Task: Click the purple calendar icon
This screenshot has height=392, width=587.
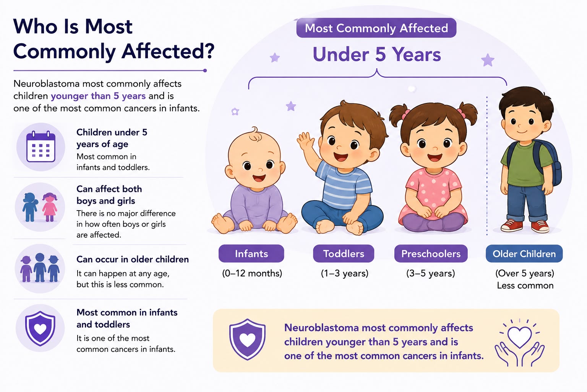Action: click(41, 147)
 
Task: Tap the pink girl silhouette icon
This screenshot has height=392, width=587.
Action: click(50, 207)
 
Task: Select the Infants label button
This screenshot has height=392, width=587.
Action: click(251, 254)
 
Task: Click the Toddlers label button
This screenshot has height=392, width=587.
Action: click(344, 254)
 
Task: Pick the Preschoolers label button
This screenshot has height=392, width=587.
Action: click(431, 254)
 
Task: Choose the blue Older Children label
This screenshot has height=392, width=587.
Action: click(524, 254)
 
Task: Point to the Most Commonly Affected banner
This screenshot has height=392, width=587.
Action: click(376, 28)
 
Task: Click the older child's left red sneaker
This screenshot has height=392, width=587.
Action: click(512, 226)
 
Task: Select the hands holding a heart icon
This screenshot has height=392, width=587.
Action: click(519, 343)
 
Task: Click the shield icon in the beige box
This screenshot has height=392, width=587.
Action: click(247, 339)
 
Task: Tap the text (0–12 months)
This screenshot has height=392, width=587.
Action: click(252, 273)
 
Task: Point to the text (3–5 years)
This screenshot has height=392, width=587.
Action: click(431, 273)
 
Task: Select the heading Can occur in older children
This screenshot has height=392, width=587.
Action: click(133, 260)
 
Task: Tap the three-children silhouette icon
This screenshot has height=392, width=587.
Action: click(40, 268)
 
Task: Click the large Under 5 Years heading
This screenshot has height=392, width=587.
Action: click(377, 54)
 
